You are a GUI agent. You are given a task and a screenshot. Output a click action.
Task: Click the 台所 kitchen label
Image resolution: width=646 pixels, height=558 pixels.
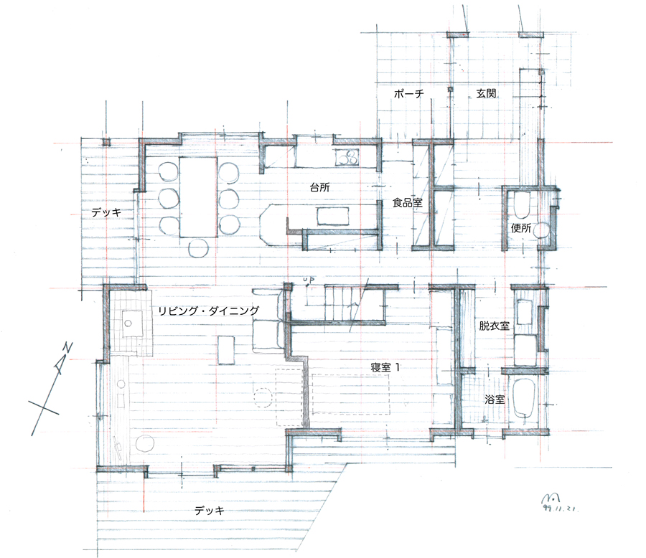[x=319, y=187]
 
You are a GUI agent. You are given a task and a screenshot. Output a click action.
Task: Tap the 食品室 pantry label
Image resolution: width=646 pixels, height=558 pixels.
[x=407, y=202]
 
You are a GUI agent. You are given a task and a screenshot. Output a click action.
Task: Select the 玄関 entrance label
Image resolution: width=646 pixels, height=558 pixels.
[x=486, y=93]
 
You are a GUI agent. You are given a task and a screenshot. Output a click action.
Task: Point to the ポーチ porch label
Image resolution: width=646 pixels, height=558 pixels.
[x=408, y=94]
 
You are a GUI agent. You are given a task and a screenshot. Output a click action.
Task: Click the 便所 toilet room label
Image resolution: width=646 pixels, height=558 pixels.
[x=521, y=228]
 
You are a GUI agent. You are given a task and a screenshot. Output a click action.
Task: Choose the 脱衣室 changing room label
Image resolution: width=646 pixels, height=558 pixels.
[x=494, y=326]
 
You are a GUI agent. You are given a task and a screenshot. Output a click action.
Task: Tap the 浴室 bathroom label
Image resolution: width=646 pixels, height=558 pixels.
[x=495, y=399]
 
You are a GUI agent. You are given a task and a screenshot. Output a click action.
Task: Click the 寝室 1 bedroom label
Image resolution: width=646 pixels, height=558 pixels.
[x=385, y=367]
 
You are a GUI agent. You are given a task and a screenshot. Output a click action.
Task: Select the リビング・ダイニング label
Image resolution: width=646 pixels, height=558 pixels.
[x=208, y=311]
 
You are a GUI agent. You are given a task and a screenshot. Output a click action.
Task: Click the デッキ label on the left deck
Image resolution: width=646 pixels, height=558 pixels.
[x=106, y=212]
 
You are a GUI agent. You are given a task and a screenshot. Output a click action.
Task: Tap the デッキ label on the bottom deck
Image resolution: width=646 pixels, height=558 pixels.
[x=210, y=511]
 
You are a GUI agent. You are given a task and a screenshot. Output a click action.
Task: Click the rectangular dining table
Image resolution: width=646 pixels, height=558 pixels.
[x=198, y=197]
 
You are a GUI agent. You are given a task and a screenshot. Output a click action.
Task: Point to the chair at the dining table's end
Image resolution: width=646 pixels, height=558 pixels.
[x=199, y=248]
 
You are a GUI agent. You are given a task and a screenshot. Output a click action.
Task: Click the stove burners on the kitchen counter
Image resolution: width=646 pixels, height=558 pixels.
[x=347, y=157]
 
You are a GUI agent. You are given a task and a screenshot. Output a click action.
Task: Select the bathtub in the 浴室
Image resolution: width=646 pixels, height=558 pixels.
[x=523, y=398]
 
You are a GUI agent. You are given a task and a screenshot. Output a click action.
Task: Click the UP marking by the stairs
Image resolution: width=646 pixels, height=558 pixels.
[x=309, y=280]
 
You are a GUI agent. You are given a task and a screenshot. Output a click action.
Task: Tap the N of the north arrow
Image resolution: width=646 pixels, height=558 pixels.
[x=67, y=349]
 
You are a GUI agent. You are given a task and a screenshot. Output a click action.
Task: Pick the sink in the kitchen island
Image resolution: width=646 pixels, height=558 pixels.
[x=332, y=216]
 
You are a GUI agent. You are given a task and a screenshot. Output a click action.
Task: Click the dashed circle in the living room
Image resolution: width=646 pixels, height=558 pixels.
[x=263, y=397]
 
